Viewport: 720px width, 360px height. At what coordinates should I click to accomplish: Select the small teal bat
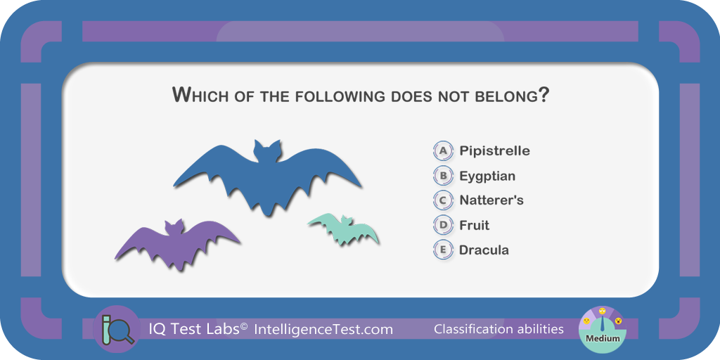click(x=345, y=230)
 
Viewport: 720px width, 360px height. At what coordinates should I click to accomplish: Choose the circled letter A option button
click(x=443, y=150)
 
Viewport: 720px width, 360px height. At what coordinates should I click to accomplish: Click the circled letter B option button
click(x=443, y=176)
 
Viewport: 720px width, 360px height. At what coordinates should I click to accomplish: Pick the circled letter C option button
click(x=443, y=200)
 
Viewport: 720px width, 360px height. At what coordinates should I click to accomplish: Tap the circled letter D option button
click(x=443, y=225)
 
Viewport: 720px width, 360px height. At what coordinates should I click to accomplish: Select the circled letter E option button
click(x=443, y=250)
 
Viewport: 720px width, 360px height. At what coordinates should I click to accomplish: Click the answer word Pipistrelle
click(x=494, y=150)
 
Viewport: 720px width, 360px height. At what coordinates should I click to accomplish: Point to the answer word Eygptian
click(x=487, y=176)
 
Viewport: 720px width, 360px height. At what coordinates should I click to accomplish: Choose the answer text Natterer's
click(x=491, y=200)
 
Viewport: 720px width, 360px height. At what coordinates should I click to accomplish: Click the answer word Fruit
click(x=475, y=225)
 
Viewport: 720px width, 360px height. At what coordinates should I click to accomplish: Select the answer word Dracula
click(x=484, y=250)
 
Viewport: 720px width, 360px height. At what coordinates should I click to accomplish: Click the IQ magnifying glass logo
click(x=116, y=329)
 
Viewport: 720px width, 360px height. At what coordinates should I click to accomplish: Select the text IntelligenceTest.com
click(x=323, y=329)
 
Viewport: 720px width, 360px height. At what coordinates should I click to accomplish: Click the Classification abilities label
click(x=499, y=329)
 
